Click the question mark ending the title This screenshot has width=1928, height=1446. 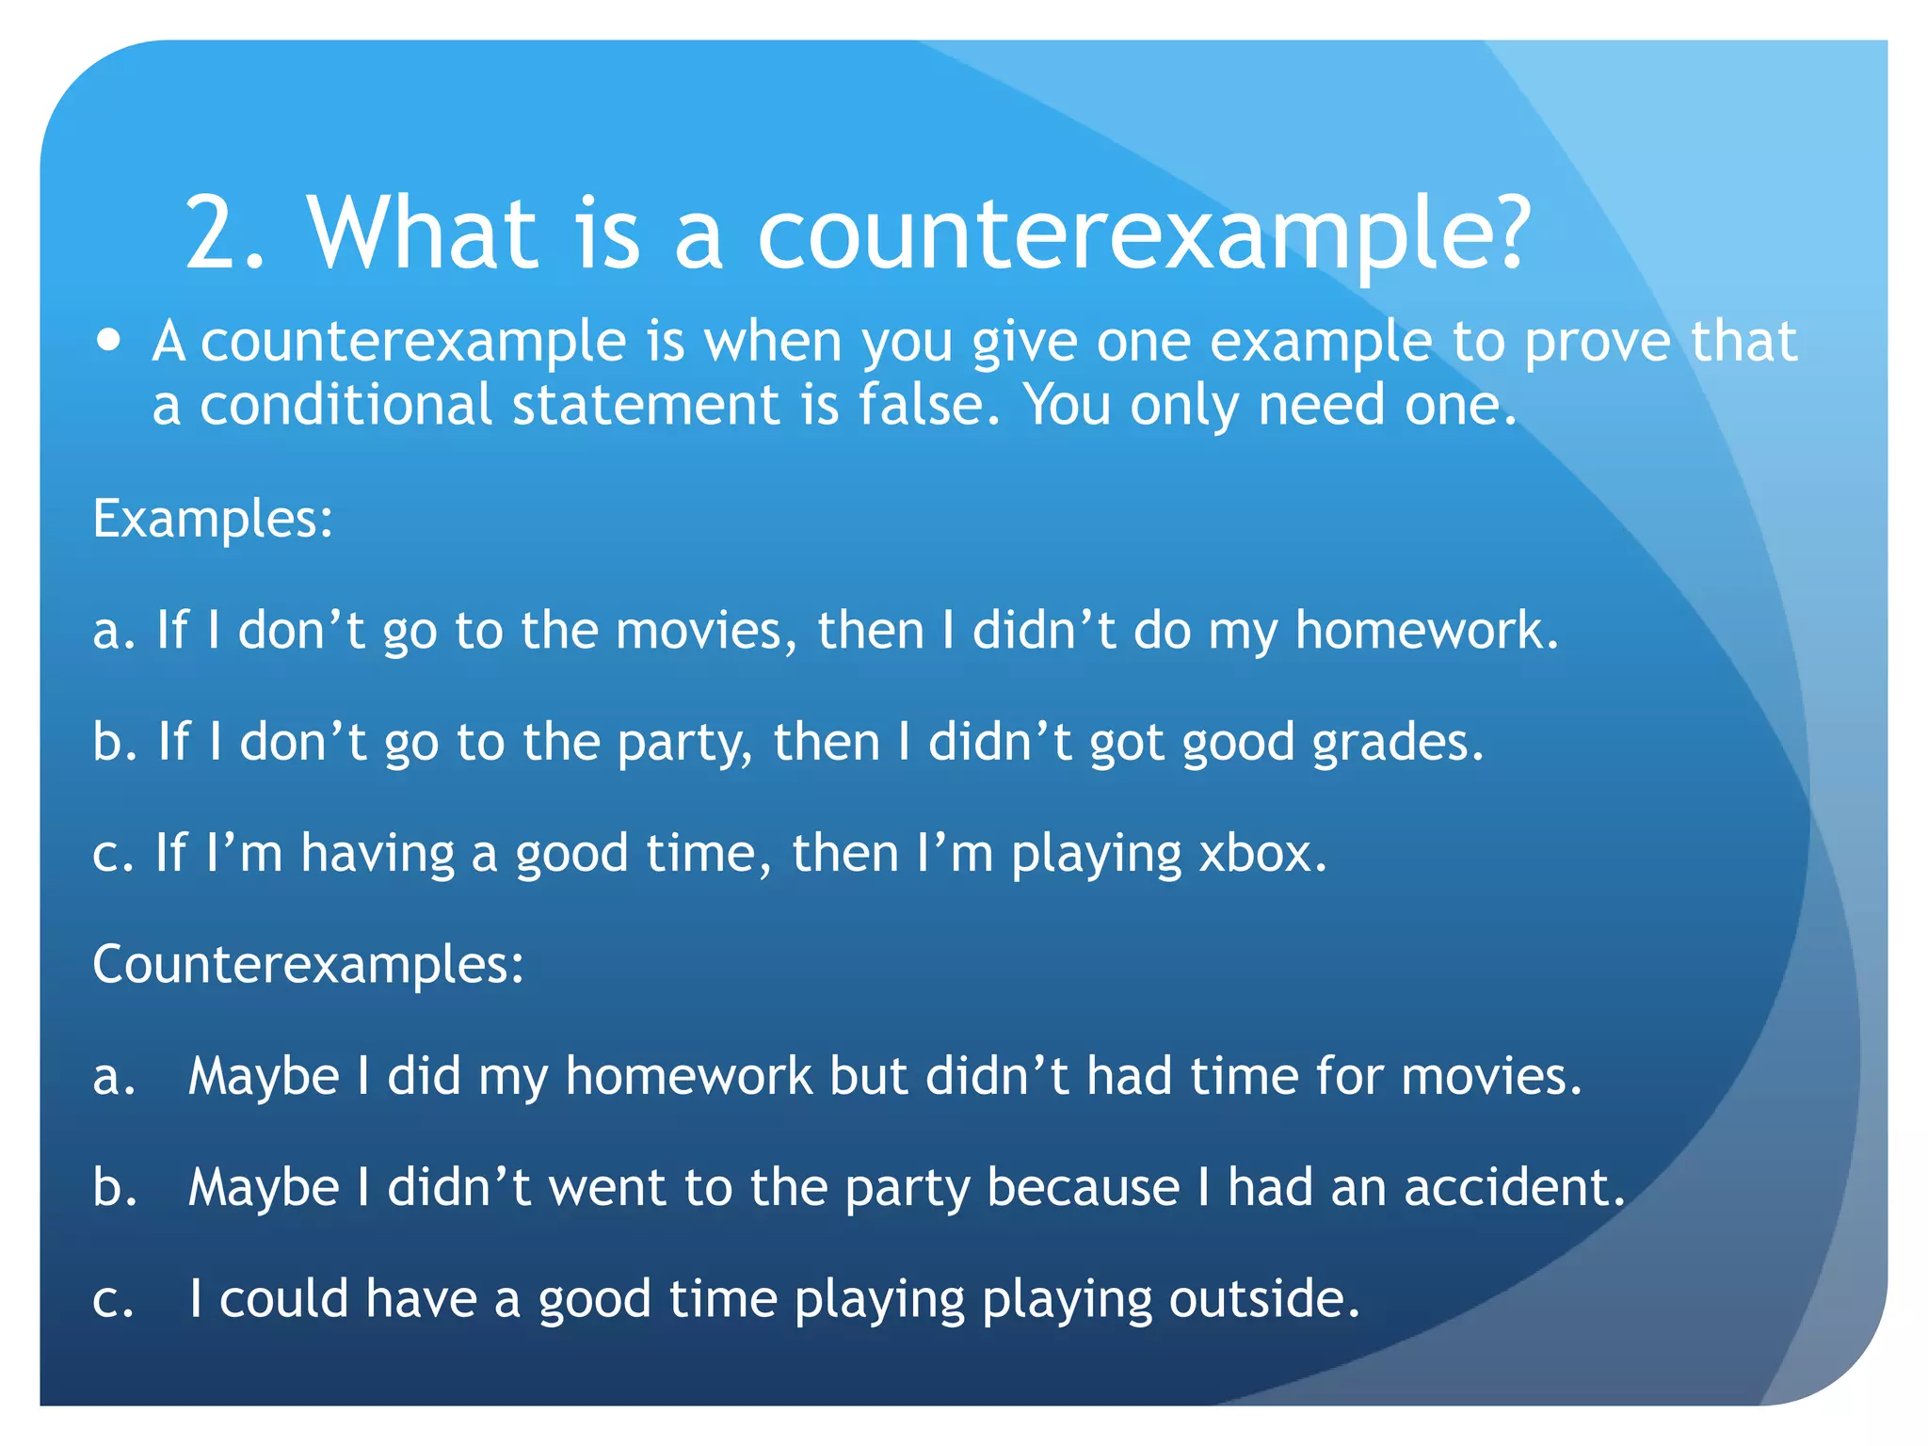coord(1503,233)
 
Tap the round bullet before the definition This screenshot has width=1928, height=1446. coord(109,340)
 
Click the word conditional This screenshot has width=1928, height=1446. coord(345,405)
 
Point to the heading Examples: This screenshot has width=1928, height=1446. coord(213,519)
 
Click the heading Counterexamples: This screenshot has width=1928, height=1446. coord(308,965)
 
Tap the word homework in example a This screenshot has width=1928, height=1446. coord(1424,630)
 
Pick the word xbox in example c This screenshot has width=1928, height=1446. coord(1261,853)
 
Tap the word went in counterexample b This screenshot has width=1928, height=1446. coord(607,1187)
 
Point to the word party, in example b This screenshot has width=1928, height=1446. coord(685,744)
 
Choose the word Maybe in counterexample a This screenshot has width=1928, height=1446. coord(264,1076)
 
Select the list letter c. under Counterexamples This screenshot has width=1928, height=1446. coord(113,1300)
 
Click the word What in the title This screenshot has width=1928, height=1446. coord(423,233)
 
